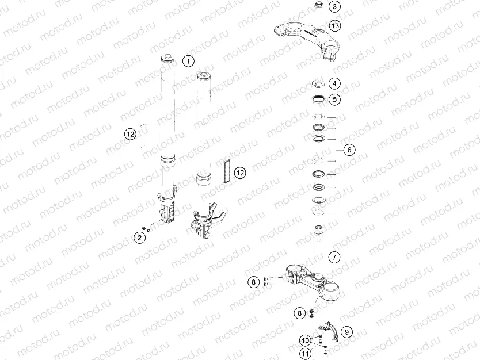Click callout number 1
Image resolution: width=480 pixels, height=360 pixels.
click(x=188, y=60)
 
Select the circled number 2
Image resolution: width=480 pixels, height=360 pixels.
click(x=139, y=237)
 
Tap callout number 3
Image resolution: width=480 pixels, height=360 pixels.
click(x=335, y=7)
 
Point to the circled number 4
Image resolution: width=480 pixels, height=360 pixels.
click(x=335, y=84)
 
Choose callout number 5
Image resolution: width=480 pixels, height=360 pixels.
click(x=335, y=99)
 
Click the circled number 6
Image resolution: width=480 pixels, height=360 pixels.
click(x=348, y=150)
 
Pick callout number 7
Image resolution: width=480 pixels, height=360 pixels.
click(x=335, y=256)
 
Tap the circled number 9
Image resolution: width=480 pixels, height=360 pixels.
click(x=345, y=331)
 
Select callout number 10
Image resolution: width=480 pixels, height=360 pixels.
click(x=305, y=341)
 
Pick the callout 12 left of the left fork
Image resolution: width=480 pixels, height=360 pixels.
click(x=131, y=135)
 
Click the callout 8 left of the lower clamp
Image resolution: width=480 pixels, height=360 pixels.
click(x=253, y=282)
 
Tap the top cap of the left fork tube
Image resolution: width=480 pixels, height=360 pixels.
click(x=167, y=58)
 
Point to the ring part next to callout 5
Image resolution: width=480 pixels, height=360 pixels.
click(x=317, y=100)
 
